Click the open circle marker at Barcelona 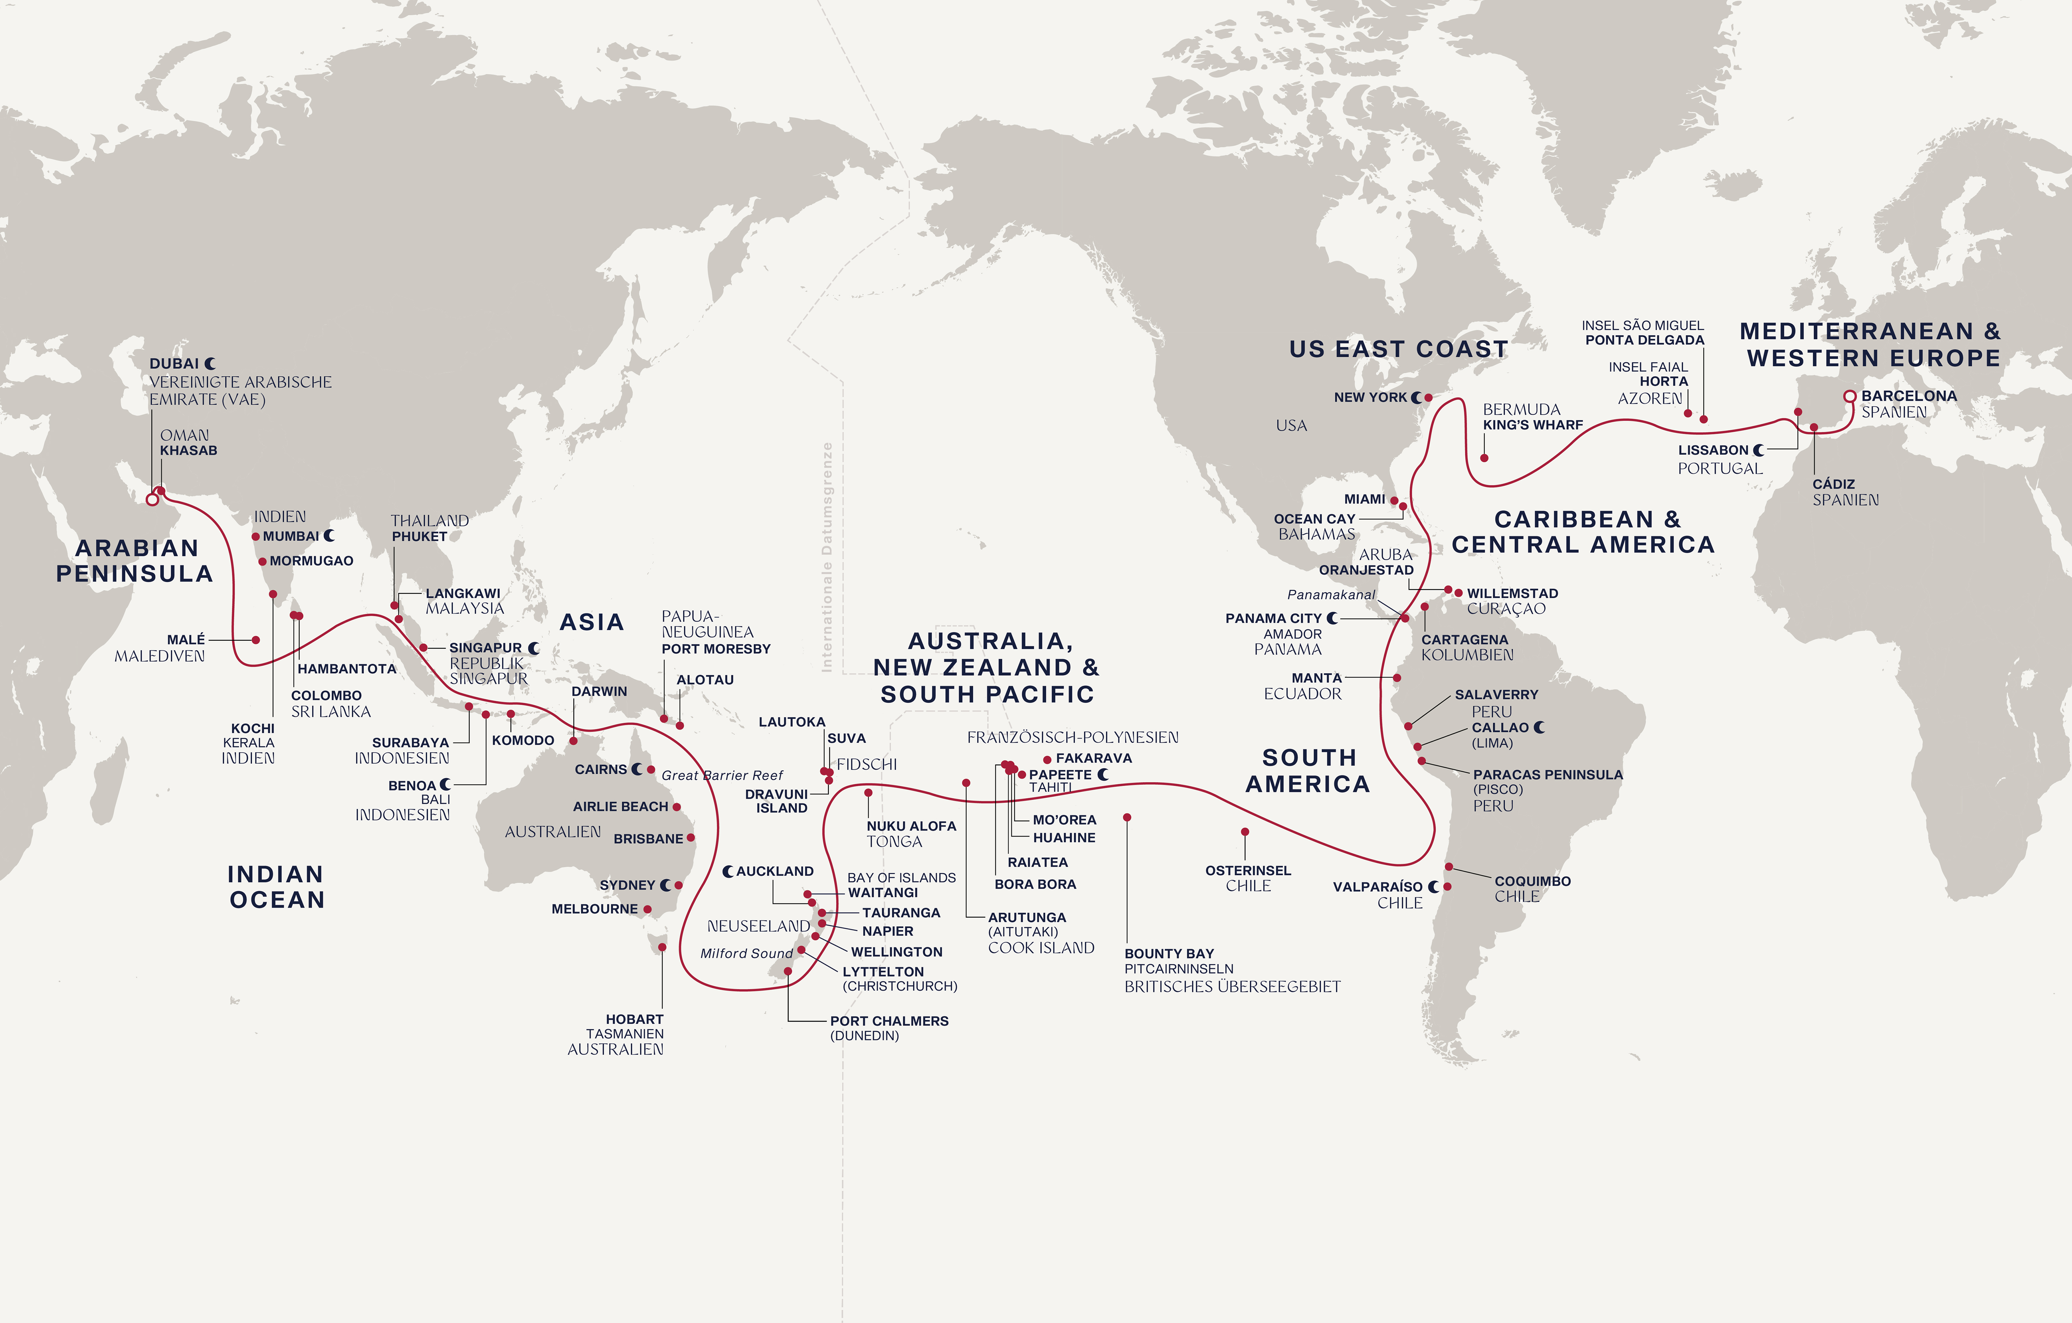tap(1849, 397)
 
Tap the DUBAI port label tap(174, 364)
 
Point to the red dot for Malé tap(256, 640)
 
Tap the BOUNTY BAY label tap(1168, 954)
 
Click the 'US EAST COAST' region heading tap(1398, 350)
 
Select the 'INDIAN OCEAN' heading tap(276, 888)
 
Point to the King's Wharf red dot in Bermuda tap(1484, 458)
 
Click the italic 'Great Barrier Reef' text tap(722, 776)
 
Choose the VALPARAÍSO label tap(1378, 887)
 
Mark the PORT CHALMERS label tap(889, 1021)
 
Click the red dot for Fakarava tap(1047, 759)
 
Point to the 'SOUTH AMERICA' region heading tap(1308, 771)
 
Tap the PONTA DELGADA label tap(1644, 340)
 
